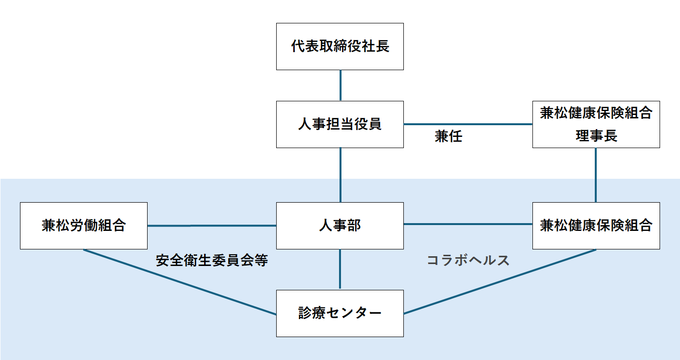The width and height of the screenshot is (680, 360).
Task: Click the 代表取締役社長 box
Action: tap(340, 46)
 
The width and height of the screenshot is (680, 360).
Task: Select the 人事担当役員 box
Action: tap(340, 124)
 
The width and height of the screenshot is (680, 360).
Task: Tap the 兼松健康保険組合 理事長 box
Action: tap(596, 124)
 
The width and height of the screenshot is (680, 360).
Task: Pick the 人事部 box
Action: tap(340, 226)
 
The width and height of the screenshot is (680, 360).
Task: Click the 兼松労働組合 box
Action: tap(83, 226)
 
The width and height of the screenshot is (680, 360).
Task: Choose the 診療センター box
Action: tap(340, 313)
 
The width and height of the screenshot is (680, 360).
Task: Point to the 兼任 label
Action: tap(448, 137)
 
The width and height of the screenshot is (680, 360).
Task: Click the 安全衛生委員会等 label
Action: tap(212, 261)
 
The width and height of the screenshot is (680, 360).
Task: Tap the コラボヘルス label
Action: tap(468, 261)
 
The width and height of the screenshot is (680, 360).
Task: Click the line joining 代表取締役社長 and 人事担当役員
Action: tap(340, 85)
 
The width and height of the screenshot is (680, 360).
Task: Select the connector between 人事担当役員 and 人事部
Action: tap(340, 175)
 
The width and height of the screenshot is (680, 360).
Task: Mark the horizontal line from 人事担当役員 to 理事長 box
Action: tap(468, 124)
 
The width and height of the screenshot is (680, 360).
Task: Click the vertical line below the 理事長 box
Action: tap(596, 175)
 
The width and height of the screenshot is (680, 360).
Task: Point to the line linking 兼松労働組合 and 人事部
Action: tap(212, 226)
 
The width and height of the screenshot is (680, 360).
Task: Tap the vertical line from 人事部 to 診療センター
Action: tap(340, 269)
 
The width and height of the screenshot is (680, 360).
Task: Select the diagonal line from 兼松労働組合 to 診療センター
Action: tap(180, 282)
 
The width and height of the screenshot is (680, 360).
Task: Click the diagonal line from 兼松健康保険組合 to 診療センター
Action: tap(499, 282)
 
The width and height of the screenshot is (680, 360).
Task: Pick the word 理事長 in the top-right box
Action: tap(596, 136)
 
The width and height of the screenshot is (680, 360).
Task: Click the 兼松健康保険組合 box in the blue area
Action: tap(596, 226)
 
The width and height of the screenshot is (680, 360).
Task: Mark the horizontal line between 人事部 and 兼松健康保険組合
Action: tap(468, 224)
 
